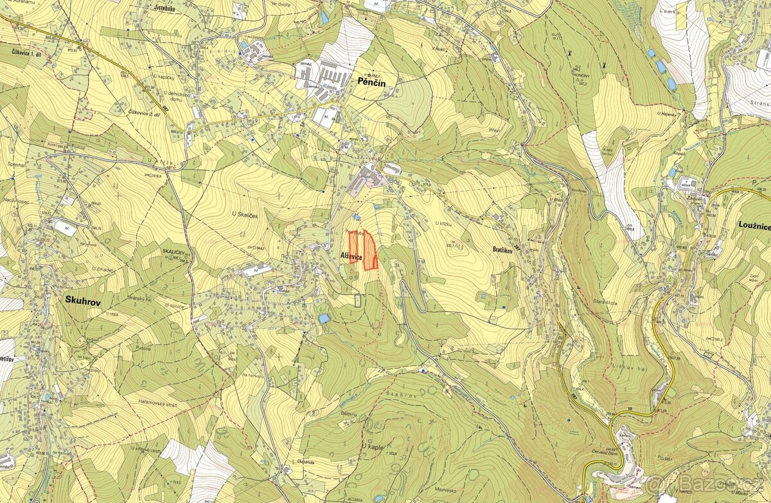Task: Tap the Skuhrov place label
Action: coord(84,299)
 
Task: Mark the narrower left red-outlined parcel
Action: coord(353,247)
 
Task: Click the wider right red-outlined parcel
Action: coord(369,252)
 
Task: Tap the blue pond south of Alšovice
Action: coord(323,319)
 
